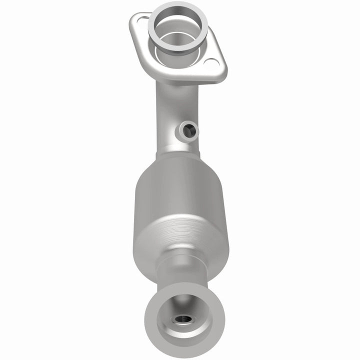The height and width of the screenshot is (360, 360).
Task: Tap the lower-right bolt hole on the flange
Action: [x=212, y=63]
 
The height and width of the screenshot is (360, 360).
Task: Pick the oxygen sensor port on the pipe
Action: [x=188, y=131]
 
